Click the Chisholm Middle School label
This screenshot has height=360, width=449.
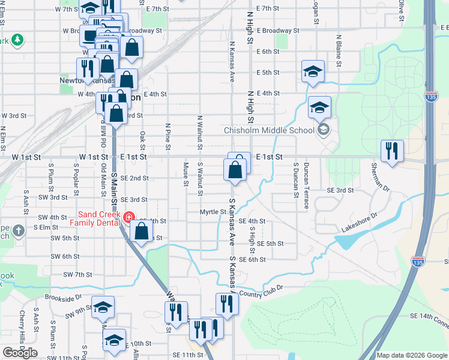click(x=269, y=130)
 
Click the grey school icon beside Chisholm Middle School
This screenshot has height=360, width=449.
click(x=324, y=130)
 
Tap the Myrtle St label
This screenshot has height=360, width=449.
click(x=213, y=212)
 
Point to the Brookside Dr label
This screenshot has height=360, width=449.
click(x=63, y=298)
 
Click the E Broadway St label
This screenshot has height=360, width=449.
click(x=277, y=30)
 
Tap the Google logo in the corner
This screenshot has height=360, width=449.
click(x=20, y=353)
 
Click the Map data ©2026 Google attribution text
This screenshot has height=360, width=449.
click(x=411, y=355)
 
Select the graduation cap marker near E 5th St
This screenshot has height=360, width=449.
click(x=313, y=71)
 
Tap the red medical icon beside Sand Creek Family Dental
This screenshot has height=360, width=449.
click(x=128, y=217)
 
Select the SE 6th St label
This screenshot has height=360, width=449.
click(x=252, y=259)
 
